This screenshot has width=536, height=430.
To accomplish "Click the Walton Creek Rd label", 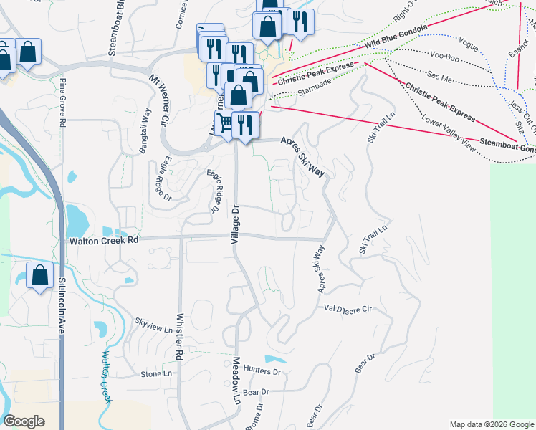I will [103, 242].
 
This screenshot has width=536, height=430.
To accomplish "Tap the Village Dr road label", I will [234, 224].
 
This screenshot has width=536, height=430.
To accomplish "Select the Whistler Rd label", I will [179, 337].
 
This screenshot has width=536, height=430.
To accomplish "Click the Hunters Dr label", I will [262, 371].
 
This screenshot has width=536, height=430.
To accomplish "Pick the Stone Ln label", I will [156, 374].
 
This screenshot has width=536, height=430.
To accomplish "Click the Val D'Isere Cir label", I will [349, 309].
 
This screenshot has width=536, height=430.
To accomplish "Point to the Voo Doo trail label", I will [444, 54].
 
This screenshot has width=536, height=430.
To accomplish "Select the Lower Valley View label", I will [449, 133].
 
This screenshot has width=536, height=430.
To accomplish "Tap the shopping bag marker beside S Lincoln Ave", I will [39, 275].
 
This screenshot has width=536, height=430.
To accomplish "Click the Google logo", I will [24, 421].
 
